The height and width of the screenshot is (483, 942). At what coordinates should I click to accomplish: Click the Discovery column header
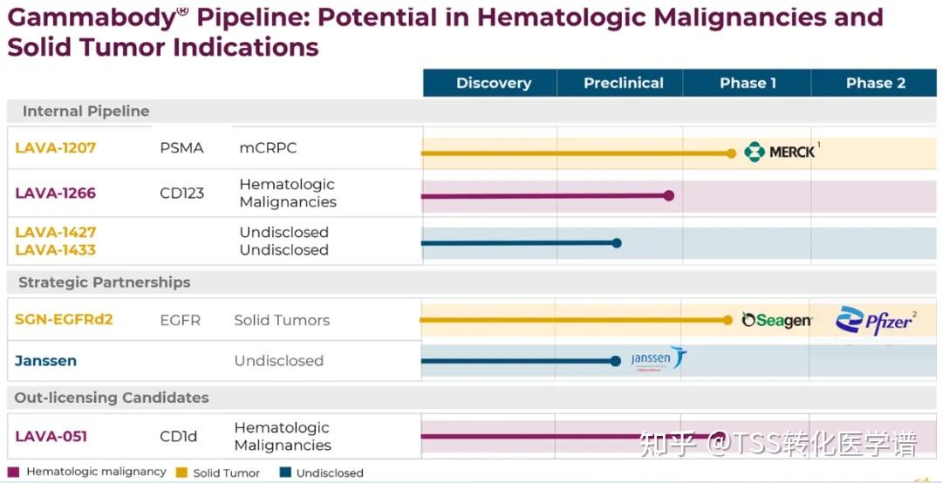click(493, 83)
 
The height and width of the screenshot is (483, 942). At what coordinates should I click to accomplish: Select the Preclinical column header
click(623, 83)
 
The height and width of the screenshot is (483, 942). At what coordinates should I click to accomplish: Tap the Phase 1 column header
click(747, 83)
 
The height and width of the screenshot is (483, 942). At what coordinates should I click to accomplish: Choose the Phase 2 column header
click(875, 83)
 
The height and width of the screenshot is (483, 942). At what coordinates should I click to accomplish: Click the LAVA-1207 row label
click(55, 148)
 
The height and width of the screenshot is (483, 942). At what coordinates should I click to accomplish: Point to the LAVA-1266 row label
click(55, 193)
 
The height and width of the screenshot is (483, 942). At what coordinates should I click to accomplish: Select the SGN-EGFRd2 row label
click(64, 319)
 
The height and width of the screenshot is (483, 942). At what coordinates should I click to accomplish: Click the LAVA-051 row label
click(51, 436)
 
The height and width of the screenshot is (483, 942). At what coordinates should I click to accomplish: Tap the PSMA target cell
click(181, 148)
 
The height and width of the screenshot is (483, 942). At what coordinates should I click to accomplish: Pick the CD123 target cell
click(181, 193)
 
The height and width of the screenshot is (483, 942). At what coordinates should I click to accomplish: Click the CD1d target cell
click(178, 436)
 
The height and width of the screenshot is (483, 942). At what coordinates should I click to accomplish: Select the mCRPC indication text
click(268, 148)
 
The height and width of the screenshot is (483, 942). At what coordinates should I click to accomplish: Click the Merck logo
click(780, 152)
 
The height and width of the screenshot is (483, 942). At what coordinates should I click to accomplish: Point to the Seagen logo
click(776, 321)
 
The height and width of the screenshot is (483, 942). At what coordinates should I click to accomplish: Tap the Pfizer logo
click(875, 321)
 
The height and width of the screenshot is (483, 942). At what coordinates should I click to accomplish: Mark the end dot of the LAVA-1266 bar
click(669, 195)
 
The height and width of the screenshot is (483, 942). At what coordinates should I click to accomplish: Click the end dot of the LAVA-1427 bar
click(617, 242)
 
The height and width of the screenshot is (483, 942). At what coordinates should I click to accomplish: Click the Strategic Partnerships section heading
click(104, 282)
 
